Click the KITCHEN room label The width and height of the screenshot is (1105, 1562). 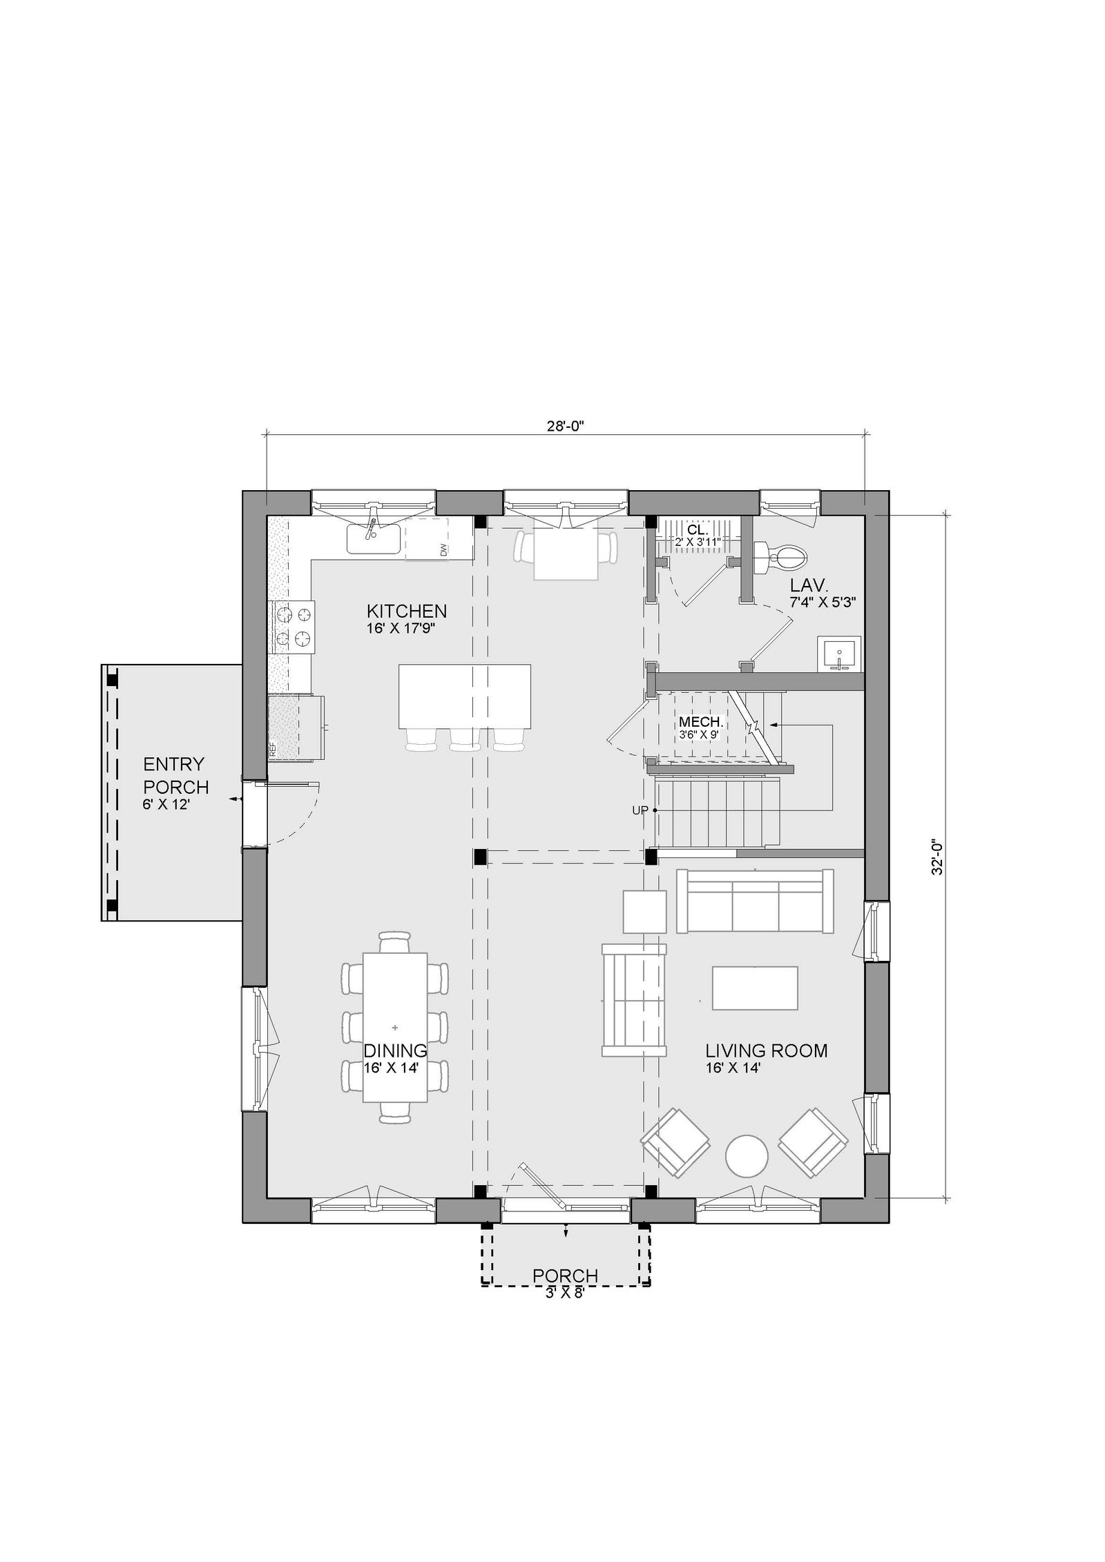[406, 611]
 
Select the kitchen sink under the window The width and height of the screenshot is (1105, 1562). [373, 538]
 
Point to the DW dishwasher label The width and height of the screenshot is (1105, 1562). [443, 549]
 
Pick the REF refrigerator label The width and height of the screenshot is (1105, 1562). [272, 750]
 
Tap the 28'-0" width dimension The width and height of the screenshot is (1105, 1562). [566, 426]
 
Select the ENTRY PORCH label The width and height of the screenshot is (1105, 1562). [175, 775]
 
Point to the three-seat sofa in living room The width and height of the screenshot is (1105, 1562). [755, 901]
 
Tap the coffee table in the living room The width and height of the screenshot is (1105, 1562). [756, 988]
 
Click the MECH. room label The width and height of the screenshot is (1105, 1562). [701, 722]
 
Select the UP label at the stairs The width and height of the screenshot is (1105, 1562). [640, 810]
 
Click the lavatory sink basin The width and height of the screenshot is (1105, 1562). [840, 653]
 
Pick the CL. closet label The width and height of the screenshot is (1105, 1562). [698, 529]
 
